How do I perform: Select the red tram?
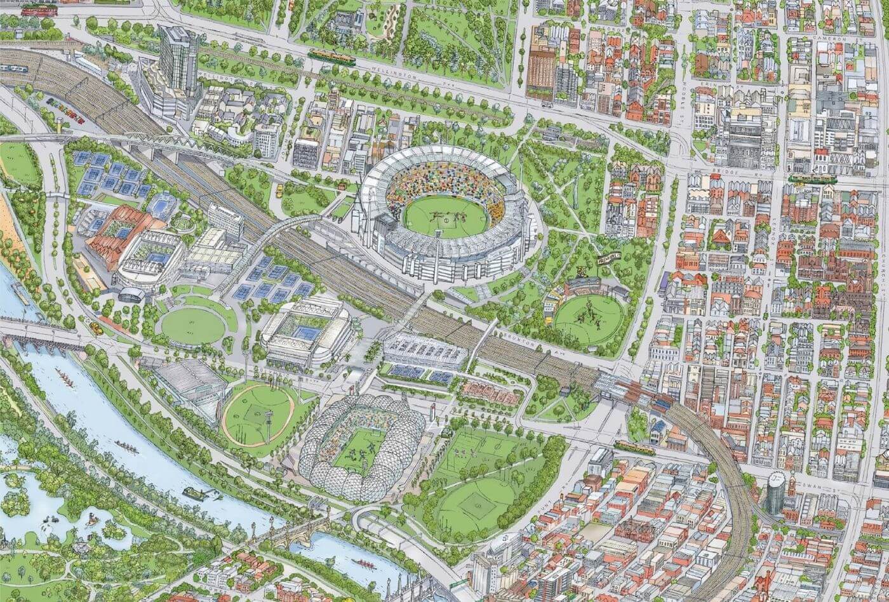pyautogui.click(x=39, y=10)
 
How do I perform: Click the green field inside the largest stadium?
pyautogui.click(x=446, y=217)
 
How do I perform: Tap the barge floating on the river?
pyautogui.click(x=194, y=493)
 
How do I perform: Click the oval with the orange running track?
pyautogui.click(x=258, y=414)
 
